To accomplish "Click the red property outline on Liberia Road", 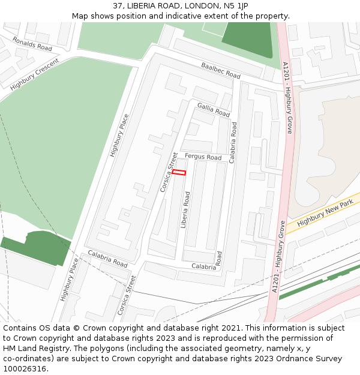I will pos(179,173).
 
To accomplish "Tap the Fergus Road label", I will pos(203,157).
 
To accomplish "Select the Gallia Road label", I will pos(214,110).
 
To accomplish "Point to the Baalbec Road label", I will pos(221,71).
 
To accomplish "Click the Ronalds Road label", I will pos(32,43).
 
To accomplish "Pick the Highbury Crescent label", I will pos(35,75).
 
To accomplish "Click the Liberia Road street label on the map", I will pos(185,210).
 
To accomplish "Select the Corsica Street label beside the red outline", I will pos(169,172).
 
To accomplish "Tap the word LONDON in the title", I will pos(202,6).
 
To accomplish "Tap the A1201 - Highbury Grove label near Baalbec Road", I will pos(287,97).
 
